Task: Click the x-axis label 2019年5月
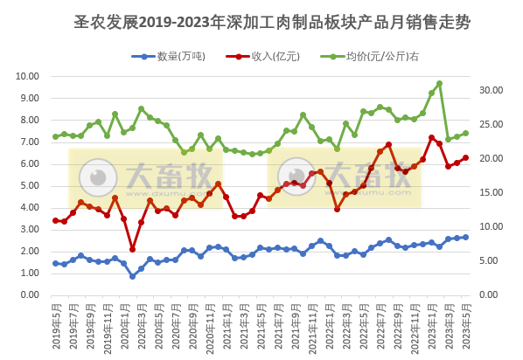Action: coord(56,325)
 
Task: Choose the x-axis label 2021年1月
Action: coord(227,325)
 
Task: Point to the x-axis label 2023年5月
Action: coord(465,325)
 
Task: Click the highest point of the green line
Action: coord(439,84)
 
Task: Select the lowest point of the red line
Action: coord(132,250)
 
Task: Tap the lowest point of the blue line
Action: coord(132,276)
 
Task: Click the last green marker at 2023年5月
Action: coord(465,134)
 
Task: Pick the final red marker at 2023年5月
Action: coord(465,158)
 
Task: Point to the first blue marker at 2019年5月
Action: coord(55,263)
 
